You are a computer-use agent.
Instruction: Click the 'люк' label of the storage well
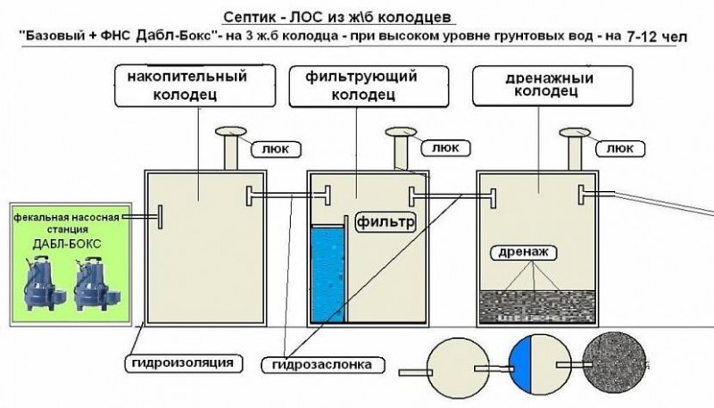click(272, 149)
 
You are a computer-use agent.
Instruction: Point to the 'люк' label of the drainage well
click(616, 149)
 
